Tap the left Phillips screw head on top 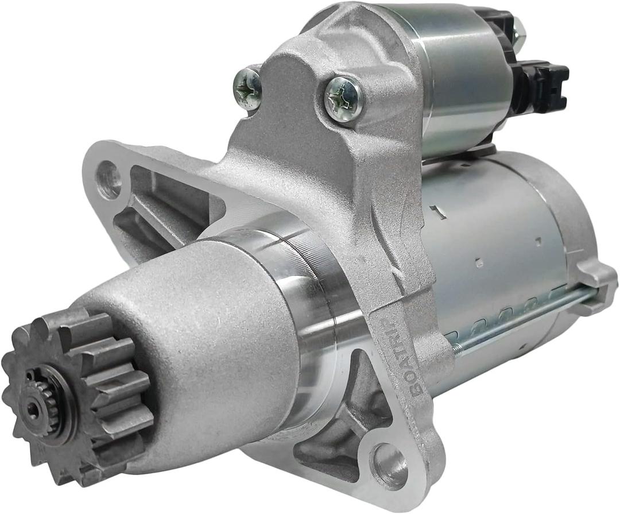click(248, 88)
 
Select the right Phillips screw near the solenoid click(343, 98)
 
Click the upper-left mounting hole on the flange click(108, 179)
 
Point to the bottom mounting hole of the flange click(389, 464)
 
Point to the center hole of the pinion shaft click(33, 408)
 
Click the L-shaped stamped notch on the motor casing click(439, 212)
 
